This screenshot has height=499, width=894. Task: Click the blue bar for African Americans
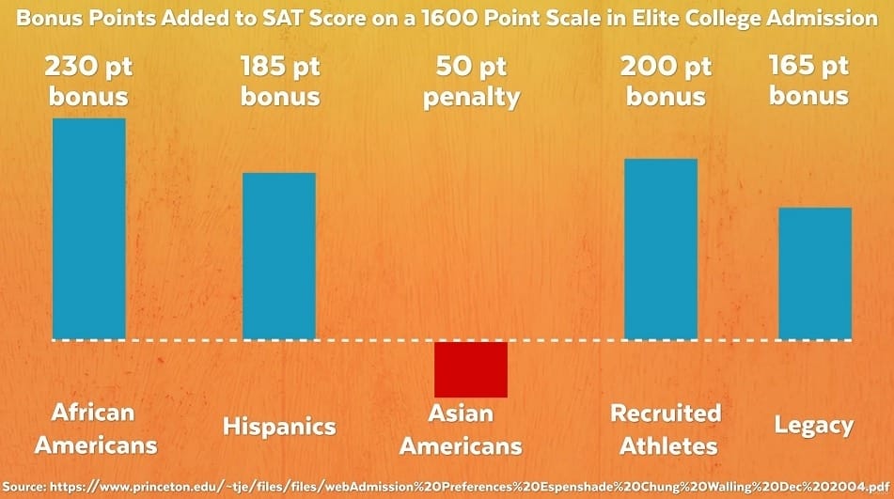(89, 229)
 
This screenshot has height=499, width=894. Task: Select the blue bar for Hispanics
(279, 257)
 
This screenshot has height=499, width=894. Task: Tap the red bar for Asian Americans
(471, 369)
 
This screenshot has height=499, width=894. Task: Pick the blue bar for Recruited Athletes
(661, 250)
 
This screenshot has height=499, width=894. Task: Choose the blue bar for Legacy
(815, 274)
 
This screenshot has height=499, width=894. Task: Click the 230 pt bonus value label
(88, 81)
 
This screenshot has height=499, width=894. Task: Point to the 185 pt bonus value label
(280, 81)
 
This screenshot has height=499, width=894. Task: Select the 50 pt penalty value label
(472, 82)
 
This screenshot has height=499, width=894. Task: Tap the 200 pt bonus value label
(666, 81)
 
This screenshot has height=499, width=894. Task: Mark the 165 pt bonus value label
(809, 80)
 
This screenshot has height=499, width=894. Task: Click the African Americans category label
(95, 429)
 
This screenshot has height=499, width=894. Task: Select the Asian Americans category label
(461, 429)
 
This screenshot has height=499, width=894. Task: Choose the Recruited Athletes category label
(666, 429)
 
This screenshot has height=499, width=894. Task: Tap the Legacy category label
(813, 426)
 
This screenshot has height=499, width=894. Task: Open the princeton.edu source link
(470, 487)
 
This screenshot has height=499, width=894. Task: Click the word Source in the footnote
(25, 487)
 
